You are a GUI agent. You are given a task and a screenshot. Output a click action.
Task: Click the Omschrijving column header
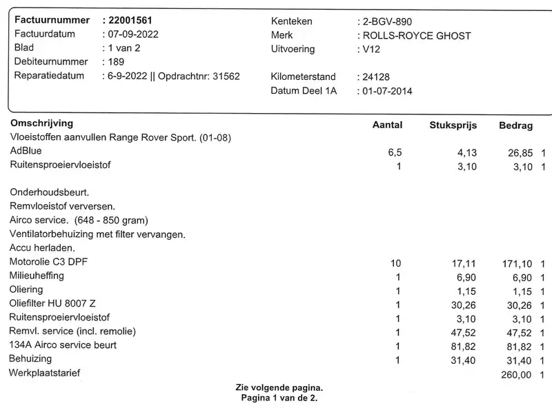(x=41, y=123)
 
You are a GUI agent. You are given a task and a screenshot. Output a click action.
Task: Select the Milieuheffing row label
(x=37, y=276)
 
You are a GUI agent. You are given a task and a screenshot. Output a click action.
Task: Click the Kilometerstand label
(x=304, y=76)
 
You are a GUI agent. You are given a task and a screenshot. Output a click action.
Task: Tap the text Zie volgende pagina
(x=279, y=388)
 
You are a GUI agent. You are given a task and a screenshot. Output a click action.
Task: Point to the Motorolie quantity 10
(x=395, y=263)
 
